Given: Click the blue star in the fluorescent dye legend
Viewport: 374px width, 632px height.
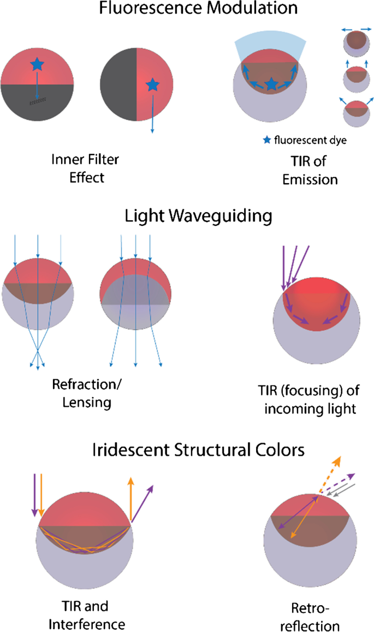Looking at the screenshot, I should (x=266, y=140).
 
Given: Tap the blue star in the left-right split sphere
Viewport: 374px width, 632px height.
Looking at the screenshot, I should (x=152, y=84).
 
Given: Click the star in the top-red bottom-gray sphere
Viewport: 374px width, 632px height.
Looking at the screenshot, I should (x=37, y=65).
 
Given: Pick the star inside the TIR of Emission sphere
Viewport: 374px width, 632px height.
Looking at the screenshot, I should (x=271, y=84).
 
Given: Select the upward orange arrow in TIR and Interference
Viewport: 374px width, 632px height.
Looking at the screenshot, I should (x=130, y=499).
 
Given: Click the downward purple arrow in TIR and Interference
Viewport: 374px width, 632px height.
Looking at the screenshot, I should (x=34, y=494).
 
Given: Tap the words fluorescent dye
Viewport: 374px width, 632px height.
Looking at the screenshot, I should (x=311, y=140).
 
